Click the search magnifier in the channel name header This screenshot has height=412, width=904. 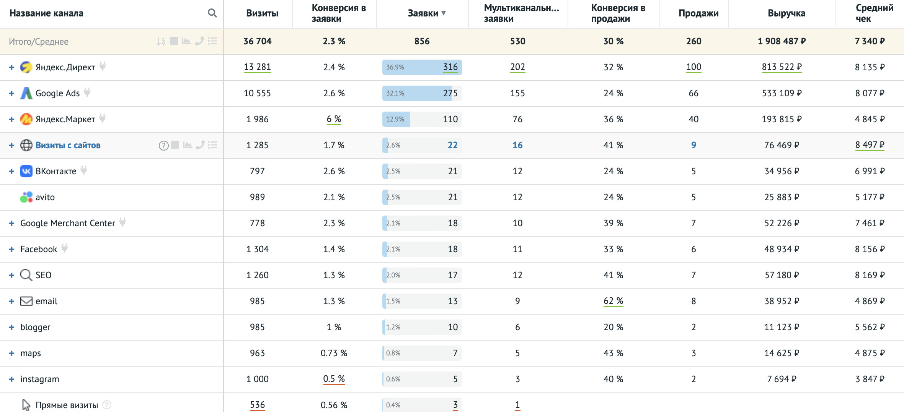pos(212,13)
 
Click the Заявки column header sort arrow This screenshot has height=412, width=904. pos(444,13)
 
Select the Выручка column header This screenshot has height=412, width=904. pos(786,13)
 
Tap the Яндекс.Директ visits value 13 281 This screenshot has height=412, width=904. pos(257,67)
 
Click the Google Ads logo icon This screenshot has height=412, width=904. pos(26,93)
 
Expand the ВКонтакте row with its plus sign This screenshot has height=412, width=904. pos(11,171)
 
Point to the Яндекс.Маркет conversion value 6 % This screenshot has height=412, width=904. pos(334,119)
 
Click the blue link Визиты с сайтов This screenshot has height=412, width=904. pos(68,145)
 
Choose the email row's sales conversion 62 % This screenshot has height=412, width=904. pos(613,301)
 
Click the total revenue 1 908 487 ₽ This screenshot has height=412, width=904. pos(782,41)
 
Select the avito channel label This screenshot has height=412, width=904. pos(45,197)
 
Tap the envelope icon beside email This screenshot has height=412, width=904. pos(26,301)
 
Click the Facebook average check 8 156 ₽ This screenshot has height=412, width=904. pos(870,249)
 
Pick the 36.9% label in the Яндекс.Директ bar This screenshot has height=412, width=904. pos(395,67)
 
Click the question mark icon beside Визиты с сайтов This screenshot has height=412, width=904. pos(163,145)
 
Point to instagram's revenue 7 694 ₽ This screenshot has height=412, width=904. pos(782,379)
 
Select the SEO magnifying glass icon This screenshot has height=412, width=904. pos(26,275)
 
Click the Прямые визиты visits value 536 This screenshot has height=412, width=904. pos(257,405)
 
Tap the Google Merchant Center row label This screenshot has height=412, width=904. pos(67,223)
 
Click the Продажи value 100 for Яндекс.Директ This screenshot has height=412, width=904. pos(694,67)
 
